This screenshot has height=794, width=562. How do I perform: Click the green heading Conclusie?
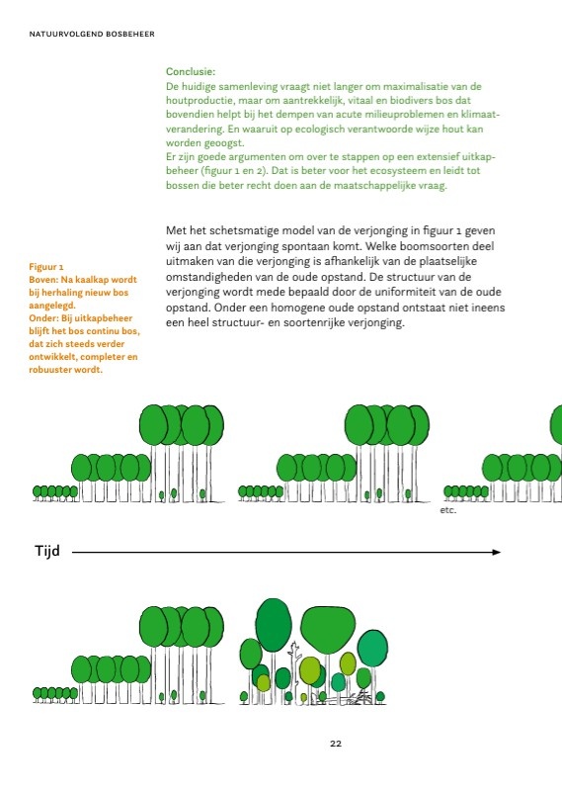click(x=191, y=72)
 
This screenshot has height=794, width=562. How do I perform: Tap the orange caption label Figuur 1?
click(x=46, y=267)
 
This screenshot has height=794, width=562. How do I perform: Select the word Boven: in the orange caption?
click(x=45, y=280)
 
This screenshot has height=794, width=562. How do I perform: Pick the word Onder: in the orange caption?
click(x=44, y=318)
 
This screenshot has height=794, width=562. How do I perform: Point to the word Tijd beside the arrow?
click(x=47, y=551)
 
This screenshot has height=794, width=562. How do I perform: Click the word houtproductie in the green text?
click(x=201, y=101)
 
